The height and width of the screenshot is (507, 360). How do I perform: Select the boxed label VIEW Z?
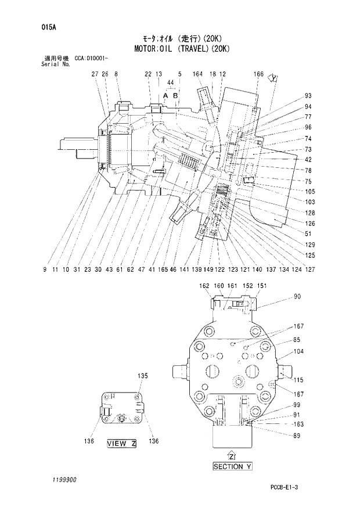coord(121,444)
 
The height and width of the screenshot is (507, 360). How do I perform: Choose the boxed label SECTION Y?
coord(232,466)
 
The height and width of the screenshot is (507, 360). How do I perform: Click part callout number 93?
coord(308,96)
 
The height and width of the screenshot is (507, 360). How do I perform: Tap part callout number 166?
coord(259,74)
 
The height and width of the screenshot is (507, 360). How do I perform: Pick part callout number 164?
coord(197,74)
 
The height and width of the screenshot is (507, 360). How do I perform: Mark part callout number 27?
coord(95,74)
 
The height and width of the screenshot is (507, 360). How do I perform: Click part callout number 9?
coord(45,269)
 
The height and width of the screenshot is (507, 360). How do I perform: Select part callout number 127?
coord(311,269)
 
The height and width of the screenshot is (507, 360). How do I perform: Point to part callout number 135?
coord(143,376)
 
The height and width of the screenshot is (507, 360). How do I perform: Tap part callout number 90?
coord(297,297)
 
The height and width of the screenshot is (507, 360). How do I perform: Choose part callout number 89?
coord(297,436)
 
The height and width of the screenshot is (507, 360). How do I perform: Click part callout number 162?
coord(204,286)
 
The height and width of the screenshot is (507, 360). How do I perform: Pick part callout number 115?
coord(298,380)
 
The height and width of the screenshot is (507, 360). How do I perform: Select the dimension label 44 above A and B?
coord(170,83)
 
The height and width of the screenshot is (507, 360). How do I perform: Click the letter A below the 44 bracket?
coord(165,94)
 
